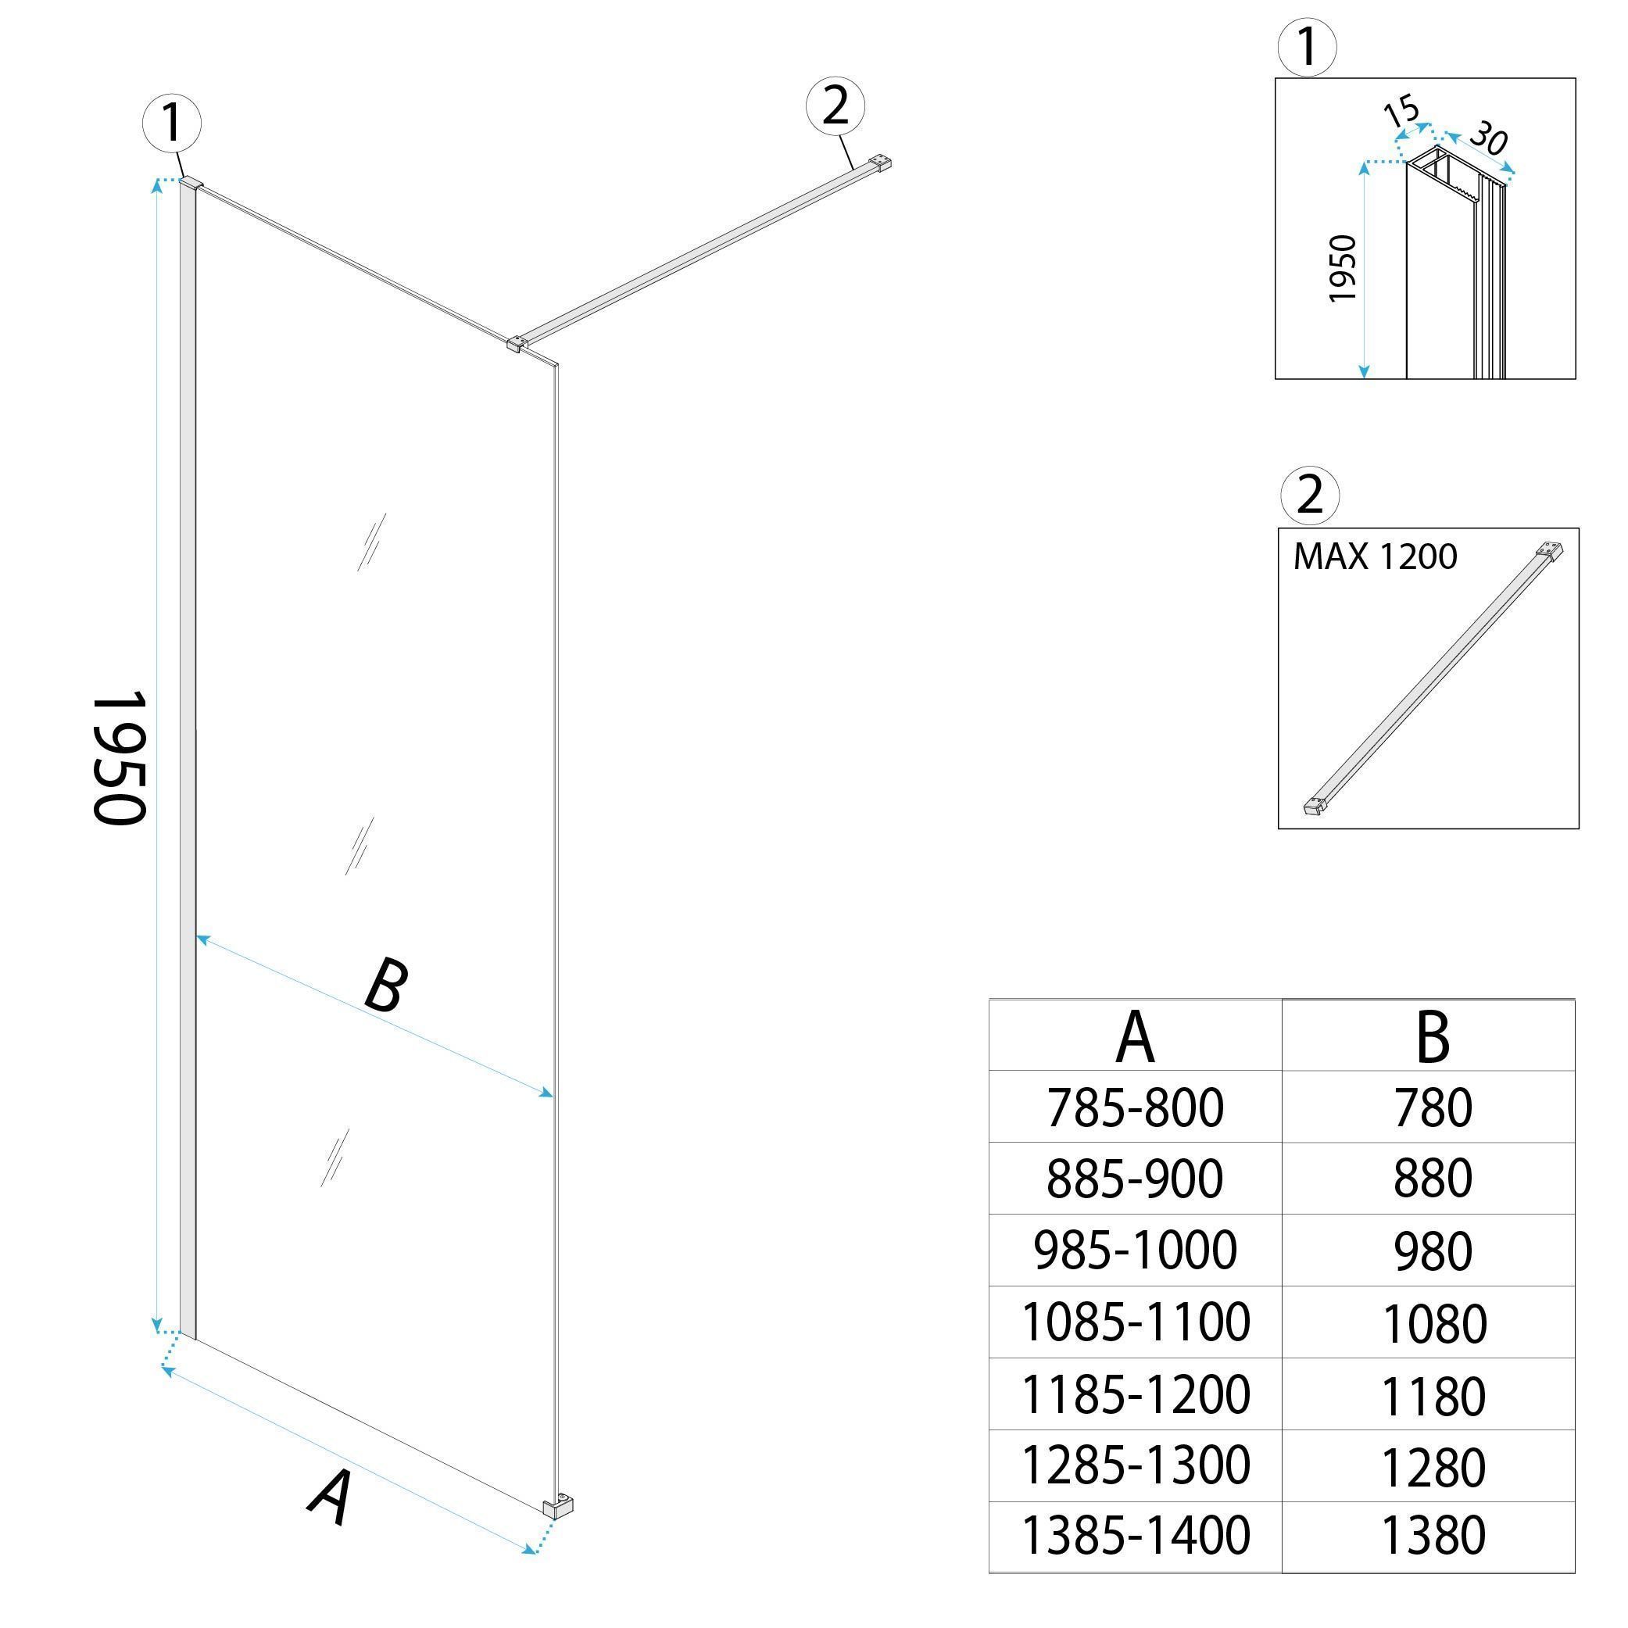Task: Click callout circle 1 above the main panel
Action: click(x=172, y=123)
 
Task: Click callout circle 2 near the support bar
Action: click(x=835, y=106)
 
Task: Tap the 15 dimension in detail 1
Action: click(x=1401, y=110)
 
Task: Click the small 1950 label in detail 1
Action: click(x=1341, y=269)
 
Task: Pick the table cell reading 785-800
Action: click(x=1134, y=1107)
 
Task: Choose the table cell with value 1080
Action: click(x=1433, y=1325)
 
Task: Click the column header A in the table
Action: click(x=1134, y=1038)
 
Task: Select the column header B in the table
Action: click(x=1433, y=1038)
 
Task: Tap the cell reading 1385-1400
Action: click(x=1134, y=1537)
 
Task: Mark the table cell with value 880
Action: click(x=1433, y=1179)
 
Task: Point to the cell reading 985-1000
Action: click(x=1134, y=1251)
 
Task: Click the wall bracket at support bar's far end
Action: click(x=882, y=163)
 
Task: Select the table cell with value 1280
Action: click(x=1433, y=1468)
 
